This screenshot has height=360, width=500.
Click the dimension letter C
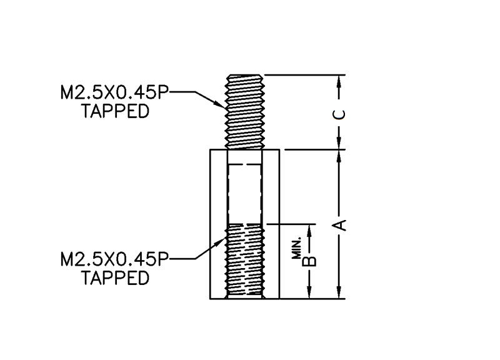click(x=339, y=113)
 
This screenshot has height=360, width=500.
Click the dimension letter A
click(x=339, y=224)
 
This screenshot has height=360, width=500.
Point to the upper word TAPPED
click(x=116, y=112)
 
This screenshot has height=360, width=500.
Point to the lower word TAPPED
click(x=116, y=277)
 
